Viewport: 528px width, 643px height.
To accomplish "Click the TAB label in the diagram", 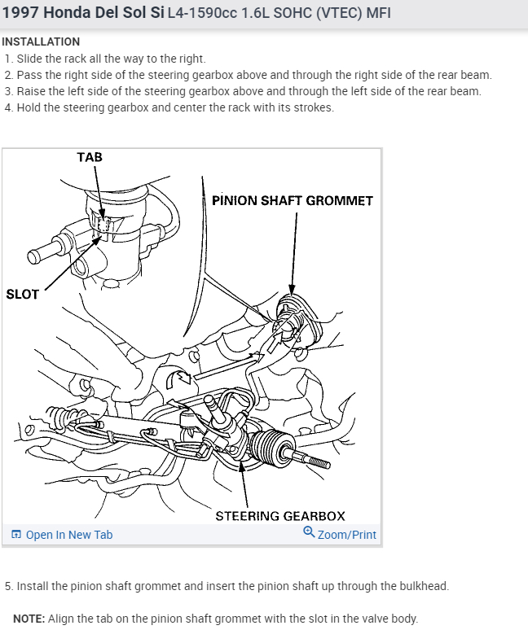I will [90, 157].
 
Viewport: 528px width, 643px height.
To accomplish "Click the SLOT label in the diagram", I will [22, 294].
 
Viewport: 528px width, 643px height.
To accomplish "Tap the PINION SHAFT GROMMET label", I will [292, 200].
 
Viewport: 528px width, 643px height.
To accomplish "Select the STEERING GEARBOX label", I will [279, 516].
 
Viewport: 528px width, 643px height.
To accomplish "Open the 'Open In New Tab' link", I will [69, 535].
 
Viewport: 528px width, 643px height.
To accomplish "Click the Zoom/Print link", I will [347, 535].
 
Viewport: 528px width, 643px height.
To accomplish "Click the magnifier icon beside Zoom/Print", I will [309, 532].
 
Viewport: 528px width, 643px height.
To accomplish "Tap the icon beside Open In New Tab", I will [16, 535].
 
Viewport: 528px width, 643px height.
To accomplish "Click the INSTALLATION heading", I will [41, 42].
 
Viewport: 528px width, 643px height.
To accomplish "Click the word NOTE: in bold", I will [29, 619].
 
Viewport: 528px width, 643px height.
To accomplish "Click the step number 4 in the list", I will [8, 107].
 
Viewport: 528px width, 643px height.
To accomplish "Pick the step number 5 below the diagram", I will [8, 586].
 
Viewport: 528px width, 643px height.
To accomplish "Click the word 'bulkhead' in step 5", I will [423, 586].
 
